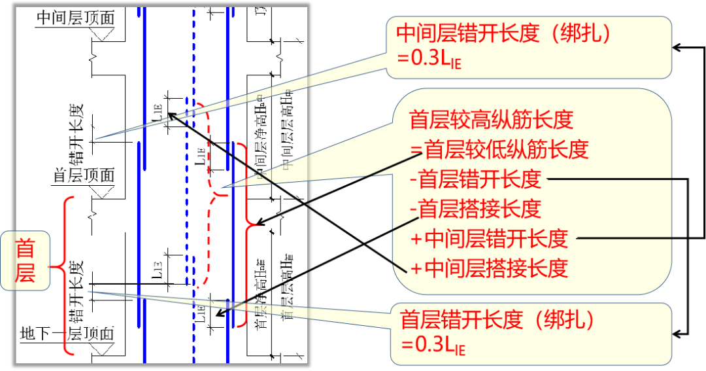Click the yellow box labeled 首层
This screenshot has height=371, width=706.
pos(27,260)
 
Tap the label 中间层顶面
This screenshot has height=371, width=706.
pos(75,18)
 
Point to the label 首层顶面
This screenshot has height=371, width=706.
pos(84,175)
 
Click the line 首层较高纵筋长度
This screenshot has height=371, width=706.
pos(491,120)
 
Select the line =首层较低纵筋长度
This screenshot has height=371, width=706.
pos(499,149)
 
